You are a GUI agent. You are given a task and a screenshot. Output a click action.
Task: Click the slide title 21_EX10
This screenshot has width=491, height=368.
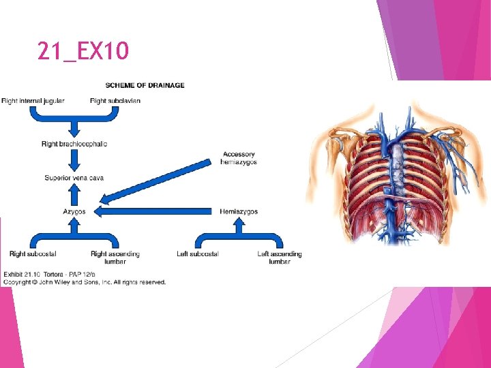83,51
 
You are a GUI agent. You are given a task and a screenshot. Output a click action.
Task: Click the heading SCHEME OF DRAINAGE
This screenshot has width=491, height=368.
145,85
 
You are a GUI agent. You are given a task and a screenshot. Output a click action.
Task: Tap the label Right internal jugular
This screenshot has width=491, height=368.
33,101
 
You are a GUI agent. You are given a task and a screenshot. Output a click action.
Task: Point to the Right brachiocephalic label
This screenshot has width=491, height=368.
74,144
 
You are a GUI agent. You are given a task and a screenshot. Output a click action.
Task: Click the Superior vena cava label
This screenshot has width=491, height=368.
74,178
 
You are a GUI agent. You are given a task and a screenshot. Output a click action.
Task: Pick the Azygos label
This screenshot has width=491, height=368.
74,212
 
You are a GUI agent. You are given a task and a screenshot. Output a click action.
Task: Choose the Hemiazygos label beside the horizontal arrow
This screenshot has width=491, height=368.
239,212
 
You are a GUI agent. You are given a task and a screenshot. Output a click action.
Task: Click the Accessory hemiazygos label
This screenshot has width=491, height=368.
239,158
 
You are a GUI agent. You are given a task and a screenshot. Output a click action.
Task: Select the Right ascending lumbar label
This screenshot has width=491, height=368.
115,258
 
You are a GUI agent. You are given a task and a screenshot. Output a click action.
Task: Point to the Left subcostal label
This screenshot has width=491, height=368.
198,254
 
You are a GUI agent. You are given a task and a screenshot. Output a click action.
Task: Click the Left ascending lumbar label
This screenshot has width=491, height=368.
280,258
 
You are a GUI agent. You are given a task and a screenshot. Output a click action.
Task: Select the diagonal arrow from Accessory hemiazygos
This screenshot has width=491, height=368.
157,182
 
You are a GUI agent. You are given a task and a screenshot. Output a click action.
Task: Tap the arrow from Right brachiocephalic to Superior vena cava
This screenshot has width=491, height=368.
74,162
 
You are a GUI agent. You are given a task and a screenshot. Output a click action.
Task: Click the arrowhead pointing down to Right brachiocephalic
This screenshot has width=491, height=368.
74,129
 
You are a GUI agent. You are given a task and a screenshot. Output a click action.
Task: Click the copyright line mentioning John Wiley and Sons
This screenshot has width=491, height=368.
85,282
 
